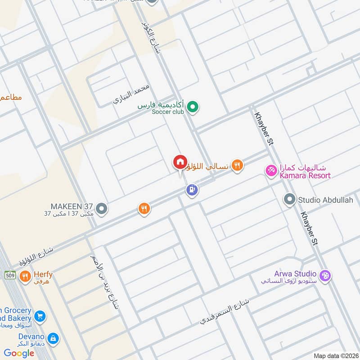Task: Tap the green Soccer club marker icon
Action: click(x=193, y=107)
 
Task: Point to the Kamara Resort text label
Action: click(x=305, y=175)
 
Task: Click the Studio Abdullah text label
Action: click(x=325, y=199)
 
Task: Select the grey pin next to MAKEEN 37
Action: click(x=102, y=208)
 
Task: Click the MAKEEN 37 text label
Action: click(x=72, y=206)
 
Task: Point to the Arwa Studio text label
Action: click(x=295, y=274)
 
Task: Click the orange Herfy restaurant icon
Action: click(x=25, y=275)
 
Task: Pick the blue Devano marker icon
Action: click(x=53, y=338)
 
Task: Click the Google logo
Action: click(x=19, y=353)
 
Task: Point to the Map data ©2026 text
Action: click(x=335, y=355)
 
